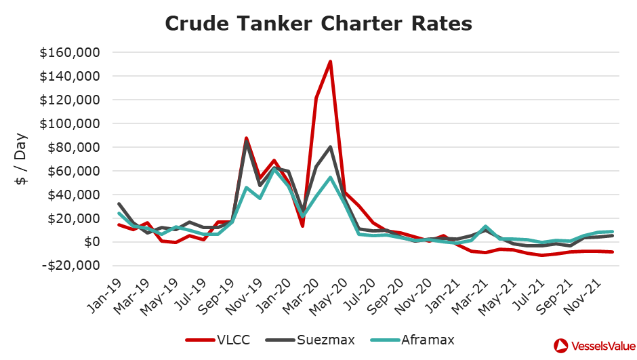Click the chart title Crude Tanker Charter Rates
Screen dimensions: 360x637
pos(318,24)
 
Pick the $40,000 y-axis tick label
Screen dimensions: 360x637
pos(75,195)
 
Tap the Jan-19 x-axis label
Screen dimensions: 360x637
pos(106,296)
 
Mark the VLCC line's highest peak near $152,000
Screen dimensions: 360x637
pos(330,62)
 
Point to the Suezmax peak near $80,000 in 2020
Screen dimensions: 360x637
pos(330,146)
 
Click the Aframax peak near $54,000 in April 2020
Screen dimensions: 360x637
pos(330,178)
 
